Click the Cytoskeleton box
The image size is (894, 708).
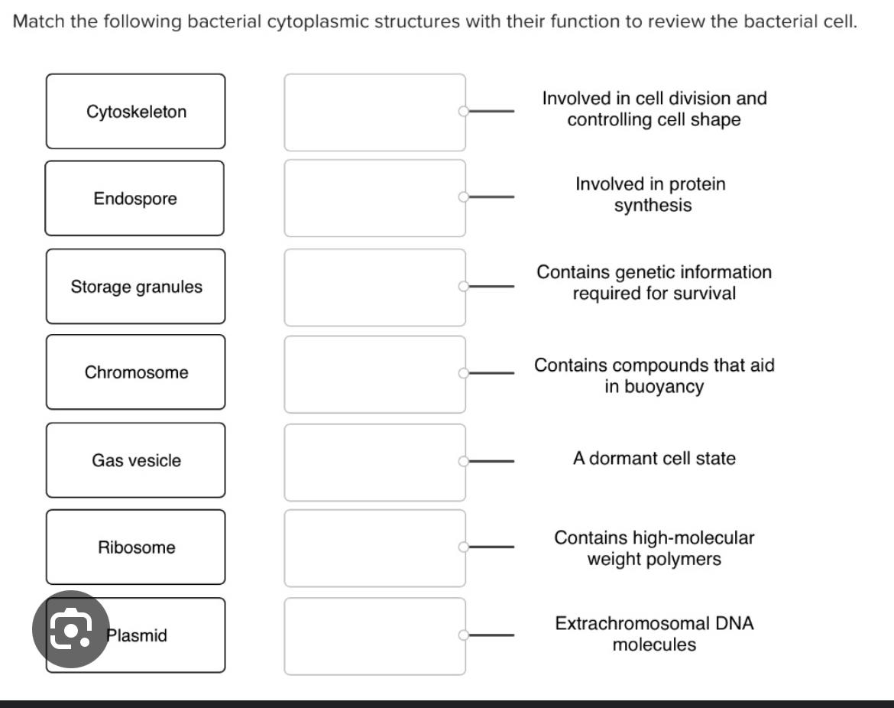[x=135, y=112]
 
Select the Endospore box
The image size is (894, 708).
[x=134, y=199]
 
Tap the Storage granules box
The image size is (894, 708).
[x=135, y=287]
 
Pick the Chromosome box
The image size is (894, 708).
[x=135, y=372]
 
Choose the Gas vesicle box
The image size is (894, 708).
[x=135, y=460]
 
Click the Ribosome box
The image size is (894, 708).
[x=135, y=547]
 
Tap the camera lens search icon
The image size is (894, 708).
[x=70, y=629]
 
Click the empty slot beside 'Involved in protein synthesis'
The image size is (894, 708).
[x=374, y=198]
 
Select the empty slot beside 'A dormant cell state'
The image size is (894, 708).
[x=374, y=462]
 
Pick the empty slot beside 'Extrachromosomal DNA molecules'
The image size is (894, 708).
[x=374, y=636]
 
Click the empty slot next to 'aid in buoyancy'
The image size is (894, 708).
[x=374, y=374]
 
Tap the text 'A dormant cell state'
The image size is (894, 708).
[x=654, y=459]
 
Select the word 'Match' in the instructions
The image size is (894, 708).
[x=39, y=21]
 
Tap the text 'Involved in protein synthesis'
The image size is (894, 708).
[x=651, y=195]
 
